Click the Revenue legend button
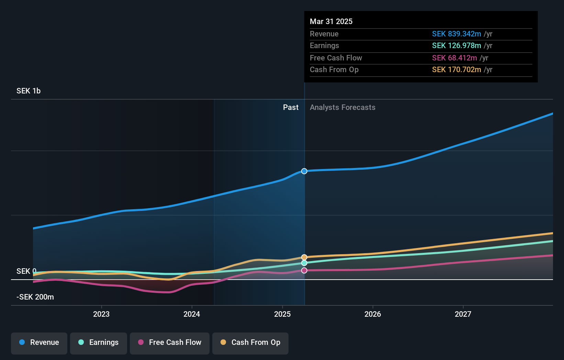[x=39, y=343]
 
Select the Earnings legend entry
[x=99, y=343]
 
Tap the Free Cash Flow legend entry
[x=170, y=343]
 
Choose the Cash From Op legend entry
[x=250, y=343]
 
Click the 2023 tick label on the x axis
[x=101, y=314]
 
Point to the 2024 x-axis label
[x=192, y=314]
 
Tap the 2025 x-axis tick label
[x=282, y=314]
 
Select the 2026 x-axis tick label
[x=373, y=314]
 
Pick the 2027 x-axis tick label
[x=463, y=314]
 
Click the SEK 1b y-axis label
[x=29, y=91]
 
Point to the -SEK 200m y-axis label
[x=35, y=297]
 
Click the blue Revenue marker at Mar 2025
[x=304, y=171]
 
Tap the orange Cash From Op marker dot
[x=304, y=257]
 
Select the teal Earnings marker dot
[x=304, y=263]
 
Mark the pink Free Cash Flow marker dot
[x=304, y=270]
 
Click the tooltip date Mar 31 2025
[x=331, y=21]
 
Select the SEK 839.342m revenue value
[x=456, y=34]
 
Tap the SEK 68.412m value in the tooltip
[x=454, y=58]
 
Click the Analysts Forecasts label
[x=342, y=108]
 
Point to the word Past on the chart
[x=291, y=108]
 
